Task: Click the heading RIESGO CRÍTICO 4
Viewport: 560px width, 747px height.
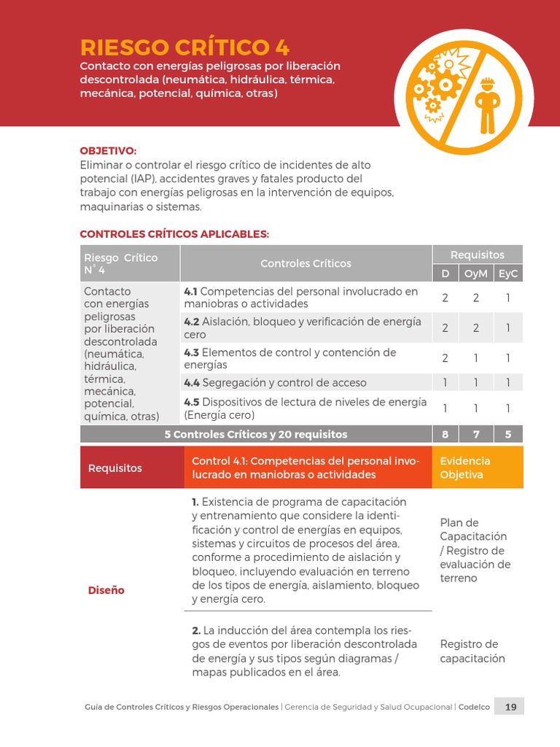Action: (x=184, y=47)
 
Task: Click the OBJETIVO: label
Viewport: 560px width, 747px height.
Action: (x=108, y=150)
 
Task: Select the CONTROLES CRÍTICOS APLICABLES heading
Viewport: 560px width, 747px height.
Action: (x=174, y=234)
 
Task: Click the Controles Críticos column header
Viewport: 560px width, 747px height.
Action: (x=306, y=263)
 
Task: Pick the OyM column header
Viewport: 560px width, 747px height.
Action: (x=475, y=274)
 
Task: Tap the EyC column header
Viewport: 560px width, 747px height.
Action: (x=507, y=274)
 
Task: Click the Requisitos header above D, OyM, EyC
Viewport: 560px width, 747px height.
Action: (x=477, y=255)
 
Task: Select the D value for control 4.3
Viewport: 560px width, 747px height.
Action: (x=445, y=358)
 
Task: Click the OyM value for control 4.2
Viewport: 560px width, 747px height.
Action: (x=475, y=328)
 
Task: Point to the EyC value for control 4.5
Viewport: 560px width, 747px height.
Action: (x=507, y=409)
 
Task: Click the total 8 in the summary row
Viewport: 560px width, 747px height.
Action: (x=445, y=434)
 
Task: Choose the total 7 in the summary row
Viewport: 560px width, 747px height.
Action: (x=475, y=434)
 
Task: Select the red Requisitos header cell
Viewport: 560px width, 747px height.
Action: (x=115, y=468)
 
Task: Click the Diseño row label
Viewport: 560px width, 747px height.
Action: (x=106, y=590)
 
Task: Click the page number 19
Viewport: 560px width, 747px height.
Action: (x=510, y=706)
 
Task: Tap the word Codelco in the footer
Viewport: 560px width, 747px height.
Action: (x=474, y=707)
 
